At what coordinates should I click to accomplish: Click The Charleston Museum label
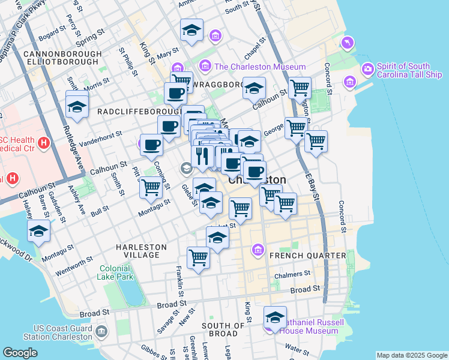coord(260,67)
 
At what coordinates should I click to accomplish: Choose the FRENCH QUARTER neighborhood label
coord(308,256)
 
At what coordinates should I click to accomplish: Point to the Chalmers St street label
coord(291,275)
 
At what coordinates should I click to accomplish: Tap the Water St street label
coord(297,347)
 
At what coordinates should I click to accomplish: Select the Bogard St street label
coord(52,34)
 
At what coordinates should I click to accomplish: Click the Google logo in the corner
coord(20,353)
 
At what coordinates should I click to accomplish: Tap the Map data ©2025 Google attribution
coord(412,355)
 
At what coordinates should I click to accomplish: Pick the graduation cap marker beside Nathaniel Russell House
coord(275,317)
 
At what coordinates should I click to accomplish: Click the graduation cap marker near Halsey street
coord(38,231)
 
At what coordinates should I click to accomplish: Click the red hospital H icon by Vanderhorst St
coord(43,143)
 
